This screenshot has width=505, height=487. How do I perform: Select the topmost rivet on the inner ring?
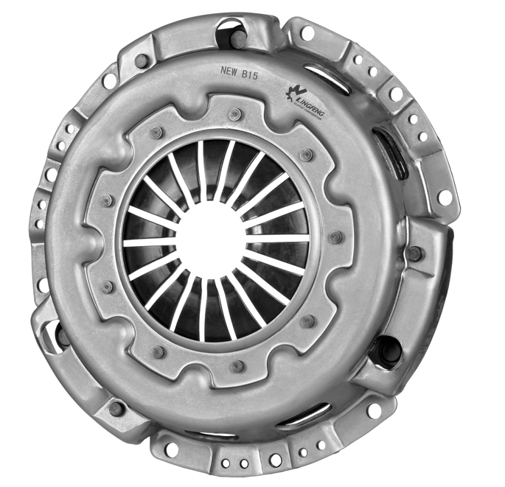pos(234,115)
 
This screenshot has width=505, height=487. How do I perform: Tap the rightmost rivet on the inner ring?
pos(336,237)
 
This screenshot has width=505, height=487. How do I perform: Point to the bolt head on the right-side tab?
pos(414,253)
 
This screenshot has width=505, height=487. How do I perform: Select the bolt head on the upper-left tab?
pos(141,60)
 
